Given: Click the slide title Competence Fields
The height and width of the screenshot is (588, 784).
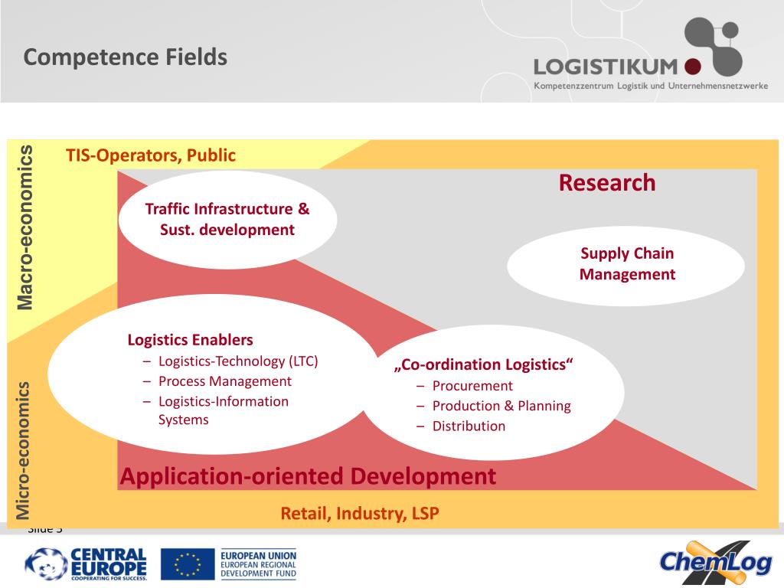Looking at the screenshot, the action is click(x=125, y=57).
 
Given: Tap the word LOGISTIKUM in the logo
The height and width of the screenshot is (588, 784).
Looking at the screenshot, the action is click(x=606, y=67).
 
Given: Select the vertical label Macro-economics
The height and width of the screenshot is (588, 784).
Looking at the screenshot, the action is click(x=26, y=227).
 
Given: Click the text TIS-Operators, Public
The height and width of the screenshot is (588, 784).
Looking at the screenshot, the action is click(x=151, y=155).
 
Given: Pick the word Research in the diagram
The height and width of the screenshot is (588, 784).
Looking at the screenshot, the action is click(x=606, y=183).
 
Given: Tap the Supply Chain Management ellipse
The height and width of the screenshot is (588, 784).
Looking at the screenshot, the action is click(x=626, y=264).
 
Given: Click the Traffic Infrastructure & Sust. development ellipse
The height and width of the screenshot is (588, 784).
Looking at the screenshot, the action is click(x=227, y=219).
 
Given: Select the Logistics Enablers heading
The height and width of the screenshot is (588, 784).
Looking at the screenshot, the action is click(x=190, y=340).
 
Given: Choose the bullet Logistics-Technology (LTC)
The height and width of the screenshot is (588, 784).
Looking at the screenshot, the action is click(x=237, y=361).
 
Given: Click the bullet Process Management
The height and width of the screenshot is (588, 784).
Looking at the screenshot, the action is click(x=224, y=381).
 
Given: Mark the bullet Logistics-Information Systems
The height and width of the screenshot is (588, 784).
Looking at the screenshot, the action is click(x=223, y=410).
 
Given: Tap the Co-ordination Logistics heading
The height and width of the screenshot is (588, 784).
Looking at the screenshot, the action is click(x=483, y=364).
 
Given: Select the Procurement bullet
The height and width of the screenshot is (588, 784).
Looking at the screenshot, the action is click(x=472, y=386).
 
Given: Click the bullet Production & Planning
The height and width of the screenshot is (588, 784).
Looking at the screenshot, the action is click(x=501, y=406).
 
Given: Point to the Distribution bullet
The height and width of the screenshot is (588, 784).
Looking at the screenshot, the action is click(x=469, y=426).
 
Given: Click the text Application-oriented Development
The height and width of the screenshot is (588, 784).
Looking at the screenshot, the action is click(x=308, y=476).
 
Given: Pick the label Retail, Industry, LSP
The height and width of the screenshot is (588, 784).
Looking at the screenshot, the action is click(x=360, y=513).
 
